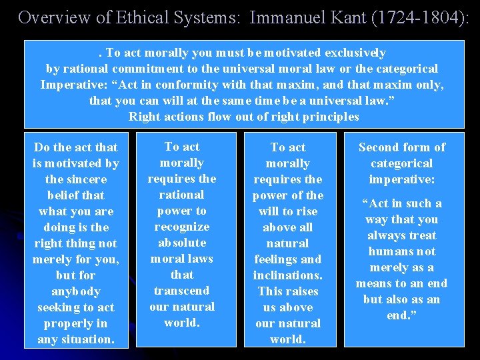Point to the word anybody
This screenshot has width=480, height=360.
click(76, 291)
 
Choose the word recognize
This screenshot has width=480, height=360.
click(181, 227)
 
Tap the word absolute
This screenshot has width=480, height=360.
click(181, 243)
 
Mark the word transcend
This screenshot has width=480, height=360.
click(181, 291)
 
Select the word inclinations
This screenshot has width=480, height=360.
click(288, 275)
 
